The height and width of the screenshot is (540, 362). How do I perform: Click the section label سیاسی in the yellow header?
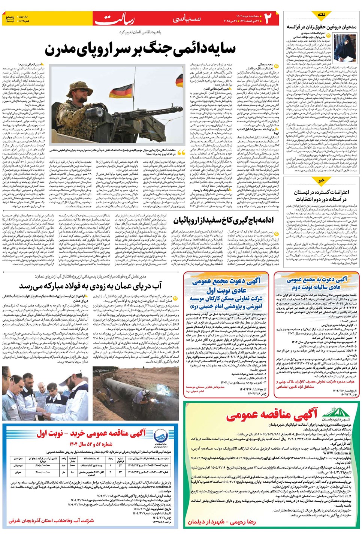coord(186,19)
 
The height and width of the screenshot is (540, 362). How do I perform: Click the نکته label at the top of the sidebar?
coord(322,15)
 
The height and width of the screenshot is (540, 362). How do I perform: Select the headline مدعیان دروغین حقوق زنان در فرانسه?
coord(321,27)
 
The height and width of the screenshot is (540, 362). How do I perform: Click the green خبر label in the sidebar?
coord(322,180)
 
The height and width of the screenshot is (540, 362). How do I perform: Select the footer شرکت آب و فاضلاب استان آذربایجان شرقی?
coord(51,520)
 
